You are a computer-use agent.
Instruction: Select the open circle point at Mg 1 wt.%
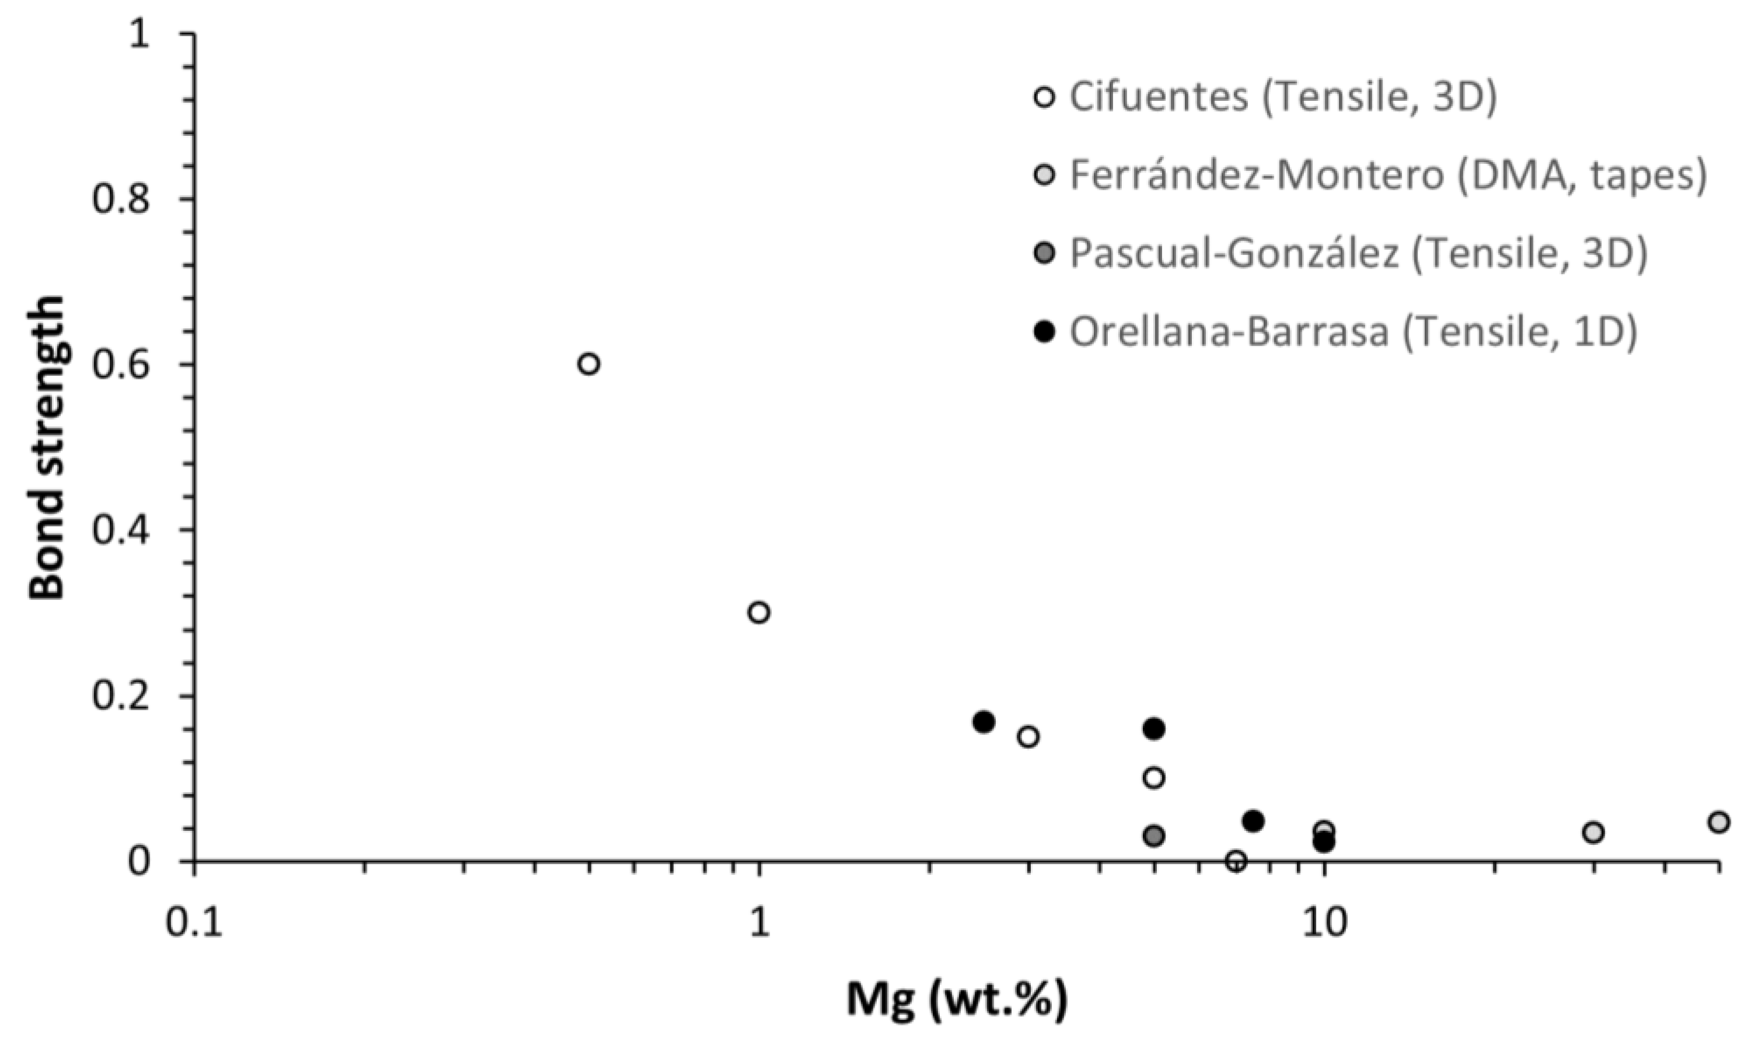pyautogui.click(x=758, y=613)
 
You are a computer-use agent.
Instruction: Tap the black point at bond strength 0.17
pyautogui.click(x=984, y=722)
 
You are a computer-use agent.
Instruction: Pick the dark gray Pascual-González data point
pyautogui.click(x=1154, y=836)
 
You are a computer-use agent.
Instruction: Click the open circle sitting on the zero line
pyautogui.click(x=1236, y=861)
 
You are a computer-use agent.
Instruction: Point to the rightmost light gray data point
pyautogui.click(x=1718, y=822)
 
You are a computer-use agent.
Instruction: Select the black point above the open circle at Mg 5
pyautogui.click(x=1154, y=729)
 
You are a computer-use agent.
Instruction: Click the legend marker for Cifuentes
pyautogui.click(x=1044, y=97)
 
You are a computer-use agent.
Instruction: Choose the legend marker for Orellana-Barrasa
pyautogui.click(x=1044, y=331)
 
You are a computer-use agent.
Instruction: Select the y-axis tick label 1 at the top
pyautogui.click(x=141, y=34)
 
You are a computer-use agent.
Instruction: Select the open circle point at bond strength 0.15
pyautogui.click(x=1027, y=736)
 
